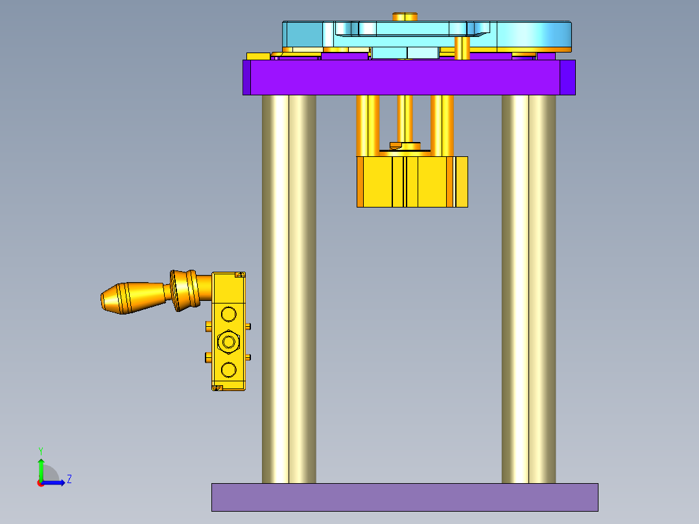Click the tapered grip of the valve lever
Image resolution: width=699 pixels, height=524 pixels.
(133, 298)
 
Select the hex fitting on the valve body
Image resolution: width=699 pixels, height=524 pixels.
(228, 340)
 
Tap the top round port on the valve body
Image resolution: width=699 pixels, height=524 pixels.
(228, 315)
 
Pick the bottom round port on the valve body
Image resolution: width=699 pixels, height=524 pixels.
(228, 370)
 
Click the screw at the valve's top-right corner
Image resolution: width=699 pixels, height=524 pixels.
(239, 275)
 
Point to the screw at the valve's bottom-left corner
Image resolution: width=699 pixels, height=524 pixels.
(218, 388)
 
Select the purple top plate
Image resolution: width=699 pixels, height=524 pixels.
(409, 77)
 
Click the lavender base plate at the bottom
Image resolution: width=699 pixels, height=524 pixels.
(405, 497)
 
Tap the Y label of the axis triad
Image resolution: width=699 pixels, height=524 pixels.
(40, 450)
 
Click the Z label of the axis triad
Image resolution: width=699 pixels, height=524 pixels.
(69, 479)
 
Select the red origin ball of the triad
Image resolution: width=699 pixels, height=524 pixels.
(41, 482)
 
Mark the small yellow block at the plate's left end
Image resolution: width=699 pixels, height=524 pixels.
(257, 56)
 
